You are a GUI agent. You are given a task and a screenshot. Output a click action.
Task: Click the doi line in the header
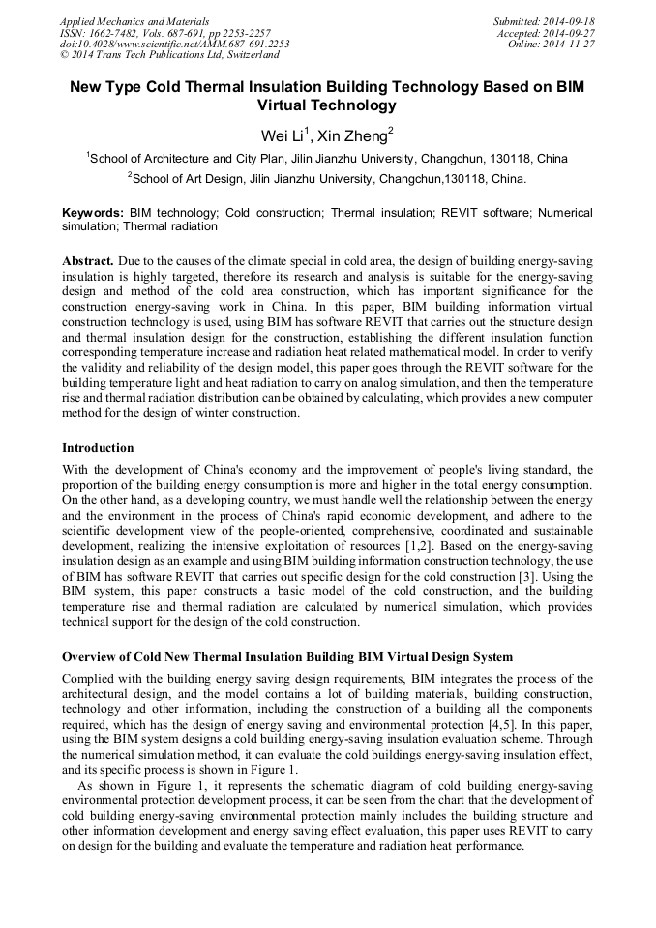pyautogui.click(x=174, y=45)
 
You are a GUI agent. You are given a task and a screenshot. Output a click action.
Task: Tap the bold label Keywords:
pyautogui.click(x=93, y=212)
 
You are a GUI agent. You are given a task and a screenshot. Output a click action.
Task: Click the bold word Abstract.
pyautogui.click(x=88, y=262)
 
